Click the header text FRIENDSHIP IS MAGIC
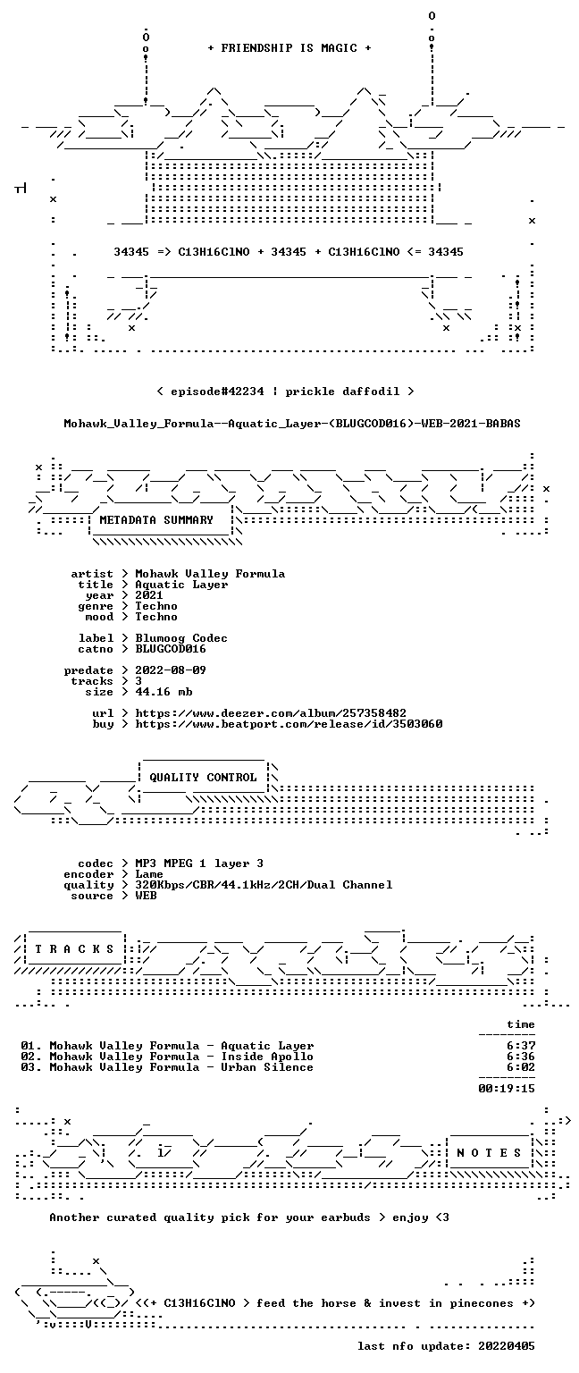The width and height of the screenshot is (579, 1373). pyautogui.click(x=289, y=47)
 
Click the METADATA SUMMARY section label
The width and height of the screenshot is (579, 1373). pyautogui.click(x=156, y=519)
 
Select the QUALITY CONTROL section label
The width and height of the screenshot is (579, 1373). pyautogui.click(x=203, y=777)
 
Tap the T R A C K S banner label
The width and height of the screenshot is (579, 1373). pyautogui.click(x=74, y=948)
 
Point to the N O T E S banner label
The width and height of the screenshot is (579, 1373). pyautogui.click(x=489, y=1153)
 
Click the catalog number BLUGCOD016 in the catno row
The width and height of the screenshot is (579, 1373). pyautogui.click(x=171, y=648)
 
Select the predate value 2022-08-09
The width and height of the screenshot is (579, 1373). pyautogui.click(x=171, y=670)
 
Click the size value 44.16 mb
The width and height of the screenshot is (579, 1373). pyautogui.click(x=164, y=691)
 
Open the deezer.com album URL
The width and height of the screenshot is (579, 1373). pyautogui.click(x=270, y=713)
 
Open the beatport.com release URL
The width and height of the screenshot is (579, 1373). pyautogui.click(x=289, y=724)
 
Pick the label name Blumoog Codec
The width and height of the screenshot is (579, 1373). pyautogui.click(x=181, y=638)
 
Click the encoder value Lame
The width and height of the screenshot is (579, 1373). pyautogui.click(x=149, y=874)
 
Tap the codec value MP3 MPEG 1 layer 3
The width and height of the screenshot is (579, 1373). pyautogui.click(x=199, y=863)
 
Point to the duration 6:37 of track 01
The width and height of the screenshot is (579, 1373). pyautogui.click(x=521, y=1046)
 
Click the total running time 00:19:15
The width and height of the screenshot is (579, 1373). pyautogui.click(x=507, y=1089)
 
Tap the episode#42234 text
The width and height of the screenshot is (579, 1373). pyautogui.click(x=217, y=391)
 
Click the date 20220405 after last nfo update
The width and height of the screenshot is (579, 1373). pyautogui.click(x=507, y=1346)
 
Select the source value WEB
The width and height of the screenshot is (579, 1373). pyautogui.click(x=146, y=896)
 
